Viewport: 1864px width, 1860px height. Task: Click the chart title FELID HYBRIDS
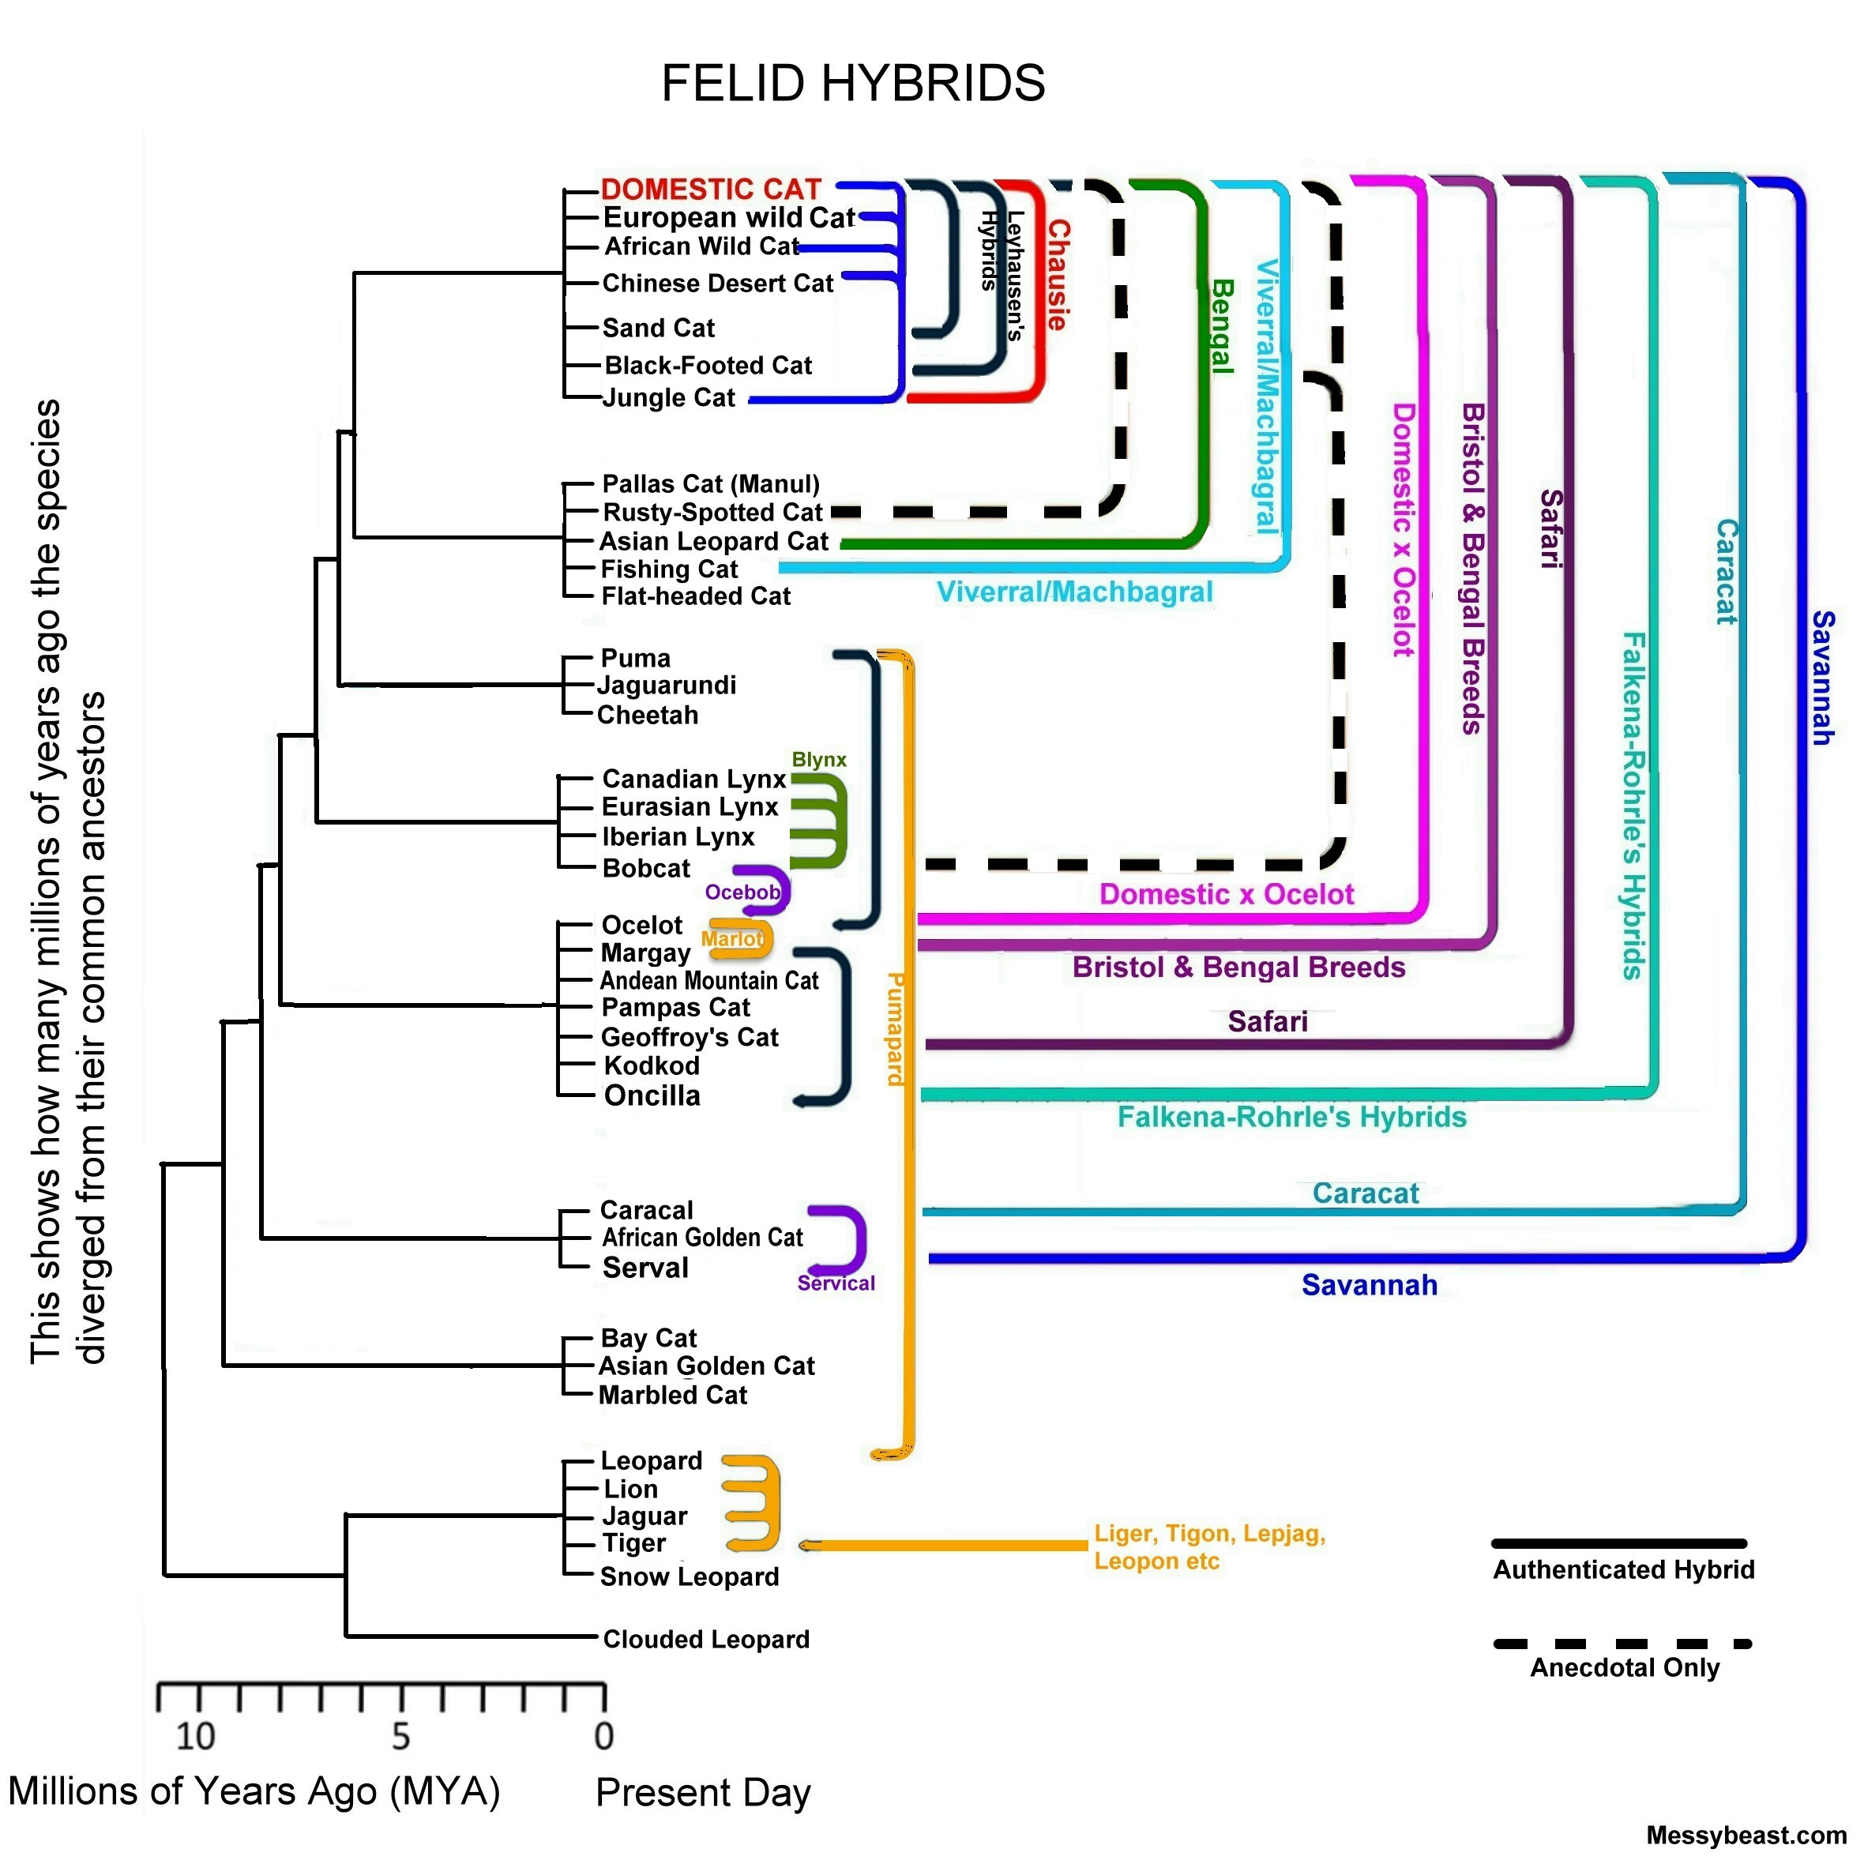(853, 83)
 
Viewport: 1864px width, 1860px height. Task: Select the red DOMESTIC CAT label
(711, 188)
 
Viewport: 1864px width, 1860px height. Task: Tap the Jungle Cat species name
(669, 397)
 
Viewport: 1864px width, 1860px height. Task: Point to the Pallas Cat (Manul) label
(711, 483)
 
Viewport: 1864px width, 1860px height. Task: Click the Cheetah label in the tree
(648, 715)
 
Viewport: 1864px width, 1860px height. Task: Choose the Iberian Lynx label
(678, 836)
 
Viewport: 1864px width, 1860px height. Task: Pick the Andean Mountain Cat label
(709, 980)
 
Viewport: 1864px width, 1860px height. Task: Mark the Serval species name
(645, 1268)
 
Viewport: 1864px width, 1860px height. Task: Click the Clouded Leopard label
(706, 1639)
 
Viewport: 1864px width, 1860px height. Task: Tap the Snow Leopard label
(689, 1576)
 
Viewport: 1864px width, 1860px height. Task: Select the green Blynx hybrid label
(819, 759)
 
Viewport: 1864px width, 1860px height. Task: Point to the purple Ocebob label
(742, 892)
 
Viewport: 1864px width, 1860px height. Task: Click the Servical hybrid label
(836, 1283)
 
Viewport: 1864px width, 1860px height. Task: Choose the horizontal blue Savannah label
(1369, 1285)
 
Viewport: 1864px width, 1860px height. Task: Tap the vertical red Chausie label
(1058, 275)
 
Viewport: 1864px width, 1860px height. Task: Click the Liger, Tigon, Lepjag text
(1209, 1534)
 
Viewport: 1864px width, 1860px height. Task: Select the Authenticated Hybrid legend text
(1624, 1569)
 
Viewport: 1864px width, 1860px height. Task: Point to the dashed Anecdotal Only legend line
(1622, 1644)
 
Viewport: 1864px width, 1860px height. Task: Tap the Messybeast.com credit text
(1746, 1835)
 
